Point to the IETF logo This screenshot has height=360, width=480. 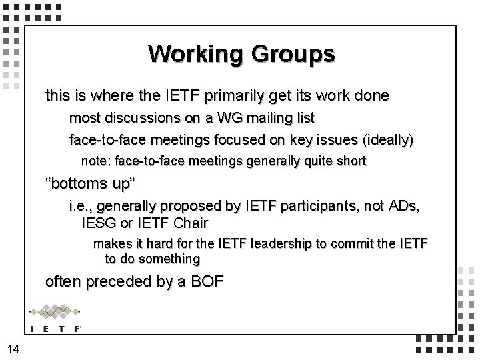coord(55,318)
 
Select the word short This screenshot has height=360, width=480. coord(351,161)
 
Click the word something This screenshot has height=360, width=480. coord(165,259)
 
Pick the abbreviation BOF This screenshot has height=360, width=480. coord(205,281)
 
